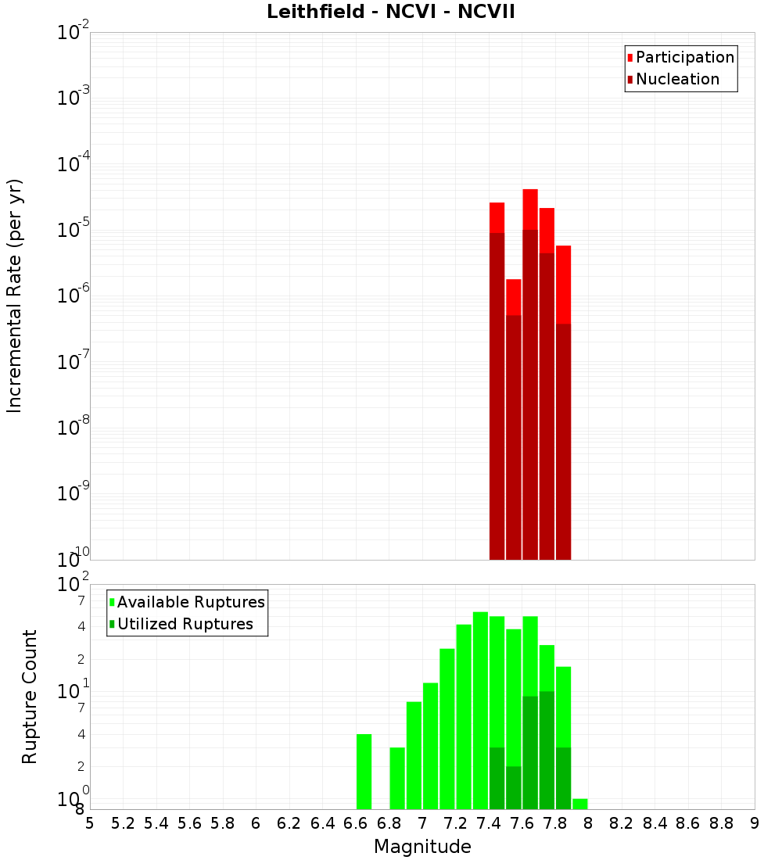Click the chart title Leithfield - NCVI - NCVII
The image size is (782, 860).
click(x=390, y=13)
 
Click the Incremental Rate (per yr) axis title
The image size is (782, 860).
click(x=15, y=296)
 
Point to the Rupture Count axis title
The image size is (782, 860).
click(x=30, y=697)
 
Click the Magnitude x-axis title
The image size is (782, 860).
click(x=422, y=847)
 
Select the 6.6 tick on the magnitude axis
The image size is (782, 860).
click(x=356, y=822)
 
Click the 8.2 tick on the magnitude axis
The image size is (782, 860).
click(x=622, y=822)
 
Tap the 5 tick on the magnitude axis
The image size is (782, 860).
click(x=90, y=822)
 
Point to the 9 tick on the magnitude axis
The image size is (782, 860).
click(x=755, y=822)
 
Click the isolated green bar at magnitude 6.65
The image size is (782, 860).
click(x=364, y=772)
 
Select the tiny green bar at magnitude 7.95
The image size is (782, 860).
click(x=579, y=804)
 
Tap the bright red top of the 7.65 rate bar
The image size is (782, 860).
click(x=530, y=209)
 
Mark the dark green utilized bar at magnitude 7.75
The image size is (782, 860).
click(x=547, y=751)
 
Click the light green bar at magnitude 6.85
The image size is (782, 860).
click(x=397, y=778)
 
